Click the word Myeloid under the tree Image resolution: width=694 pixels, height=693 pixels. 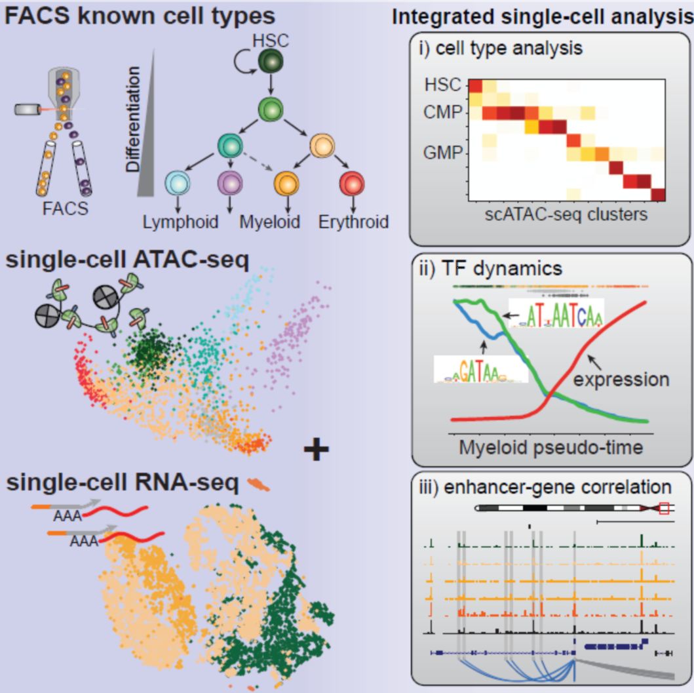269,222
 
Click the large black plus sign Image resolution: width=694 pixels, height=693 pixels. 316,450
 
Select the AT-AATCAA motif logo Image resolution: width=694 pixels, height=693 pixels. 555,317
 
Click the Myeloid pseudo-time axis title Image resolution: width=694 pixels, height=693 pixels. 551,447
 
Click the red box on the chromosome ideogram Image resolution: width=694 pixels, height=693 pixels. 665,508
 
